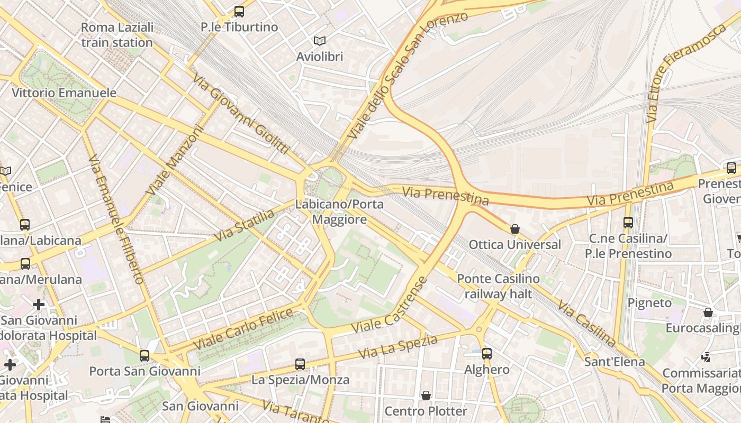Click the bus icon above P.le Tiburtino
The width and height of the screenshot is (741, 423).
click(x=239, y=11)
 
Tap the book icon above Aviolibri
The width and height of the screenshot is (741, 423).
click(x=319, y=41)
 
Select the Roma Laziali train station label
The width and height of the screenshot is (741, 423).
click(x=117, y=35)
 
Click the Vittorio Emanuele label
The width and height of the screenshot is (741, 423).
click(x=64, y=93)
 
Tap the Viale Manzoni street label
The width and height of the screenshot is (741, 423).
click(x=176, y=159)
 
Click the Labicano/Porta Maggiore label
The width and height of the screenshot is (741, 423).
click(x=339, y=212)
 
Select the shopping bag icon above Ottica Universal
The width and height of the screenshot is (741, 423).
click(x=514, y=229)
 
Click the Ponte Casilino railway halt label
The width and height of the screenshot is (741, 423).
click(x=498, y=286)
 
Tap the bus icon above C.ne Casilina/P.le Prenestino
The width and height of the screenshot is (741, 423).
click(x=628, y=223)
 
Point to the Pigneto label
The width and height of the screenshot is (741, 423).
click(x=649, y=303)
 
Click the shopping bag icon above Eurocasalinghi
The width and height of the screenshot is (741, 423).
click(x=708, y=312)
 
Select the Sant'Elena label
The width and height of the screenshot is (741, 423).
click(x=615, y=362)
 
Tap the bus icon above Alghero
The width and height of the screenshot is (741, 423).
click(x=486, y=354)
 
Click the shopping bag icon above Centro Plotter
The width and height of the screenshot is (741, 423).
click(x=426, y=396)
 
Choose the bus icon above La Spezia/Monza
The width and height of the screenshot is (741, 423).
click(x=300, y=364)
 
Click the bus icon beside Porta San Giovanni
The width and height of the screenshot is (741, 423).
click(x=144, y=355)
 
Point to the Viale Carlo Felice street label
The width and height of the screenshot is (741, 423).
click(x=243, y=329)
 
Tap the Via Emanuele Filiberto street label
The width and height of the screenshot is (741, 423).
click(x=116, y=219)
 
